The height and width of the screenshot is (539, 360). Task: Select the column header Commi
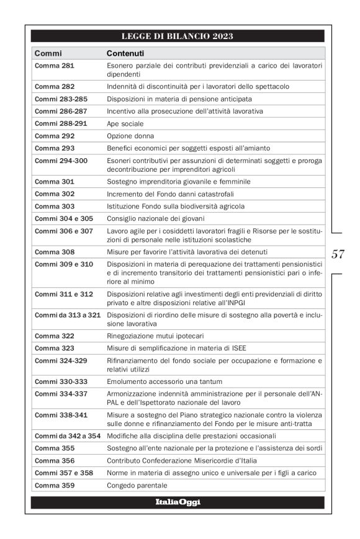48,53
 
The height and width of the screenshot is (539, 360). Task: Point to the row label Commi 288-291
60,123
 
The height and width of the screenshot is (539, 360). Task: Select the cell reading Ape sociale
125,123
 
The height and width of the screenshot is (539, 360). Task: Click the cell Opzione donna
130,136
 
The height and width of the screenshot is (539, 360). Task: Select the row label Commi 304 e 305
63,218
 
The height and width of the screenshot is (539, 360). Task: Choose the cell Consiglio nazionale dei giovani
155,218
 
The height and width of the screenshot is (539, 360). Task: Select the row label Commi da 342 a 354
67,436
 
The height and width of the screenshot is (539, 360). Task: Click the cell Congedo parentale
137,485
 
